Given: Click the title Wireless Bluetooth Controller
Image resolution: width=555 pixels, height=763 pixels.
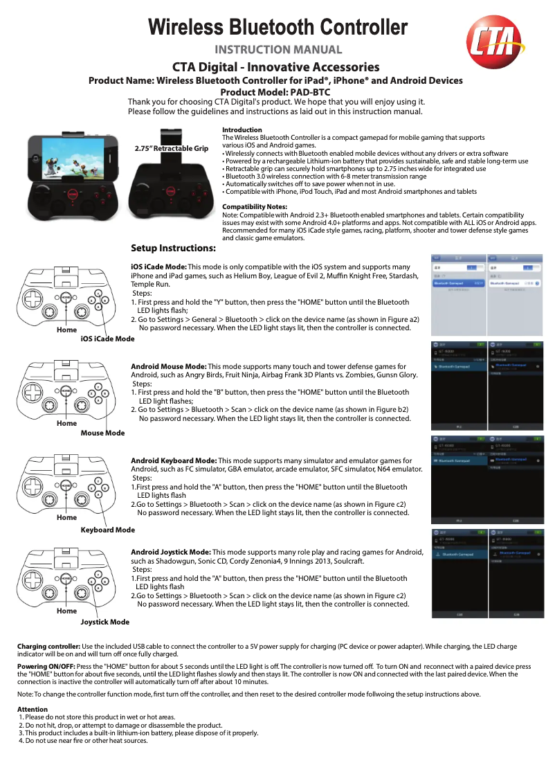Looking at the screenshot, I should coord(278,28).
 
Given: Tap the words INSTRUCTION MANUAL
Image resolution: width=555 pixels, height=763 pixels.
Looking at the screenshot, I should coord(278,50).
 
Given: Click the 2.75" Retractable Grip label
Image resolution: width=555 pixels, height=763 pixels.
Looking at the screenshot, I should coord(172,149).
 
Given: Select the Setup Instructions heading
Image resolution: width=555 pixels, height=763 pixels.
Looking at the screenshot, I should coord(173,248).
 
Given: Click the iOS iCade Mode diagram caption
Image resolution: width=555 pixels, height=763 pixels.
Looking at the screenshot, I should coord(107,339).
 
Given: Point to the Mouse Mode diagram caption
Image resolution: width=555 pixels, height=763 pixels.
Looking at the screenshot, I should coord(102,433).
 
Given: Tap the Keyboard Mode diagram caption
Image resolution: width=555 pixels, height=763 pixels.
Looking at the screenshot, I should coord(107,530).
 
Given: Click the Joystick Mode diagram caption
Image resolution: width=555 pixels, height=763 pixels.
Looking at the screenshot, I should coord(104,622).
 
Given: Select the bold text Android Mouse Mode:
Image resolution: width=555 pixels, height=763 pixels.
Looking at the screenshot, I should coord(168,366).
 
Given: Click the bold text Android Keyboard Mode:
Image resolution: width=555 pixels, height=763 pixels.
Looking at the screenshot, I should coord(174,460).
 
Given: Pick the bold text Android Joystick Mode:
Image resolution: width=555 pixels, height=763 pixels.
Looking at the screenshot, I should coord(172,552).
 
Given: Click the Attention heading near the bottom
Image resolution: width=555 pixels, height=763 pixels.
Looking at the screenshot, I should coord(32,710).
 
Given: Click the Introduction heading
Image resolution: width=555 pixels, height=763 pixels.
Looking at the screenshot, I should coord(242,130).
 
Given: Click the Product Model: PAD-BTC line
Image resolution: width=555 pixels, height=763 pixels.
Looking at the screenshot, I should coord(275,92).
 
